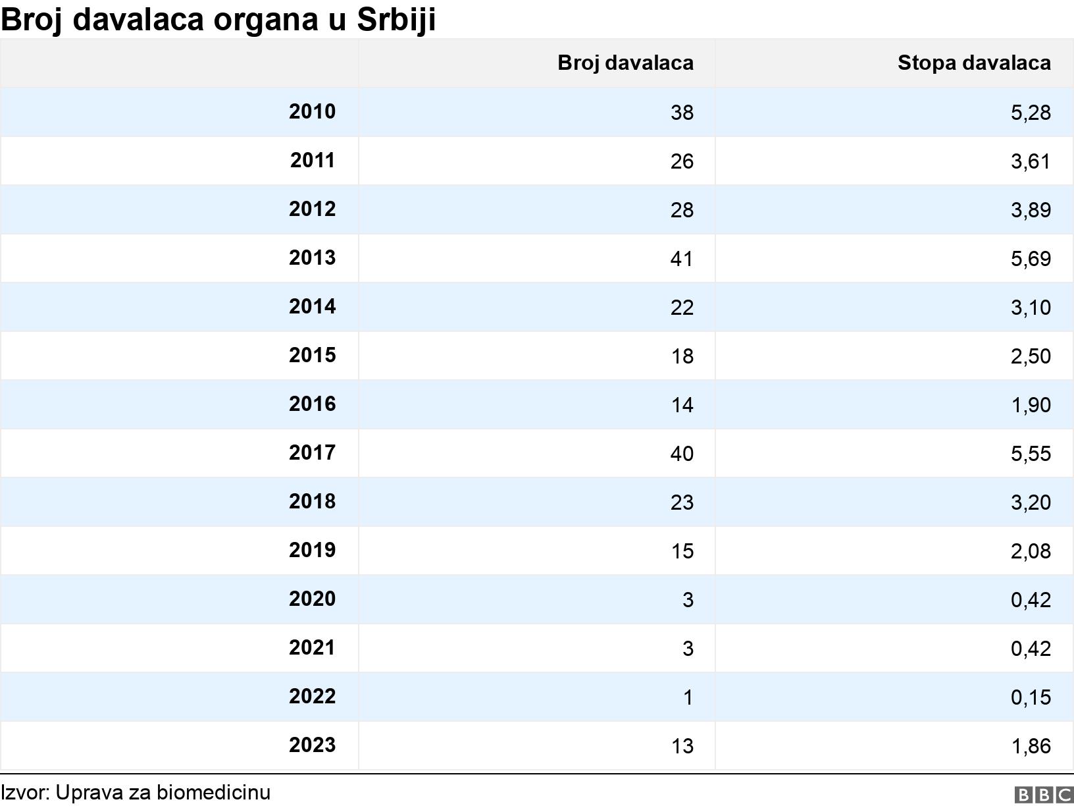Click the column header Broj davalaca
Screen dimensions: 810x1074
[x=625, y=63]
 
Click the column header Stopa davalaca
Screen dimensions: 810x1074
[x=973, y=63]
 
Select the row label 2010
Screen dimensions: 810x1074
[x=312, y=112]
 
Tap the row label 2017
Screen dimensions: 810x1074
[x=312, y=453]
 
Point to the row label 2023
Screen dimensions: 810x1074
[x=312, y=745]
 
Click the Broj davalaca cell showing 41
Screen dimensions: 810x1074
[x=682, y=259]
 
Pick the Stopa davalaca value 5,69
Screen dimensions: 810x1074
[x=1030, y=259]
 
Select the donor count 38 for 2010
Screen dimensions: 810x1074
[x=682, y=113]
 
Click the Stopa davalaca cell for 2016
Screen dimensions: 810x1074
[x=1030, y=405]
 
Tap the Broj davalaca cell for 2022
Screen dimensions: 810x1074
[x=688, y=697]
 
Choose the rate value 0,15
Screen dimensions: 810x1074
[x=1030, y=697]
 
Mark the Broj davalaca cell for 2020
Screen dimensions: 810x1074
[x=688, y=600]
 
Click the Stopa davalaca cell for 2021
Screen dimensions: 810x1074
[x=1030, y=649]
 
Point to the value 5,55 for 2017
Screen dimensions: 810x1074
[x=1030, y=454]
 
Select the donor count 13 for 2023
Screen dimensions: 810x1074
[x=682, y=746]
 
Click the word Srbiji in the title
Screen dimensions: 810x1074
[x=396, y=20]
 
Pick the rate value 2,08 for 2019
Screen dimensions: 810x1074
[x=1030, y=551]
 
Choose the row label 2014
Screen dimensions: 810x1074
[x=312, y=307]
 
